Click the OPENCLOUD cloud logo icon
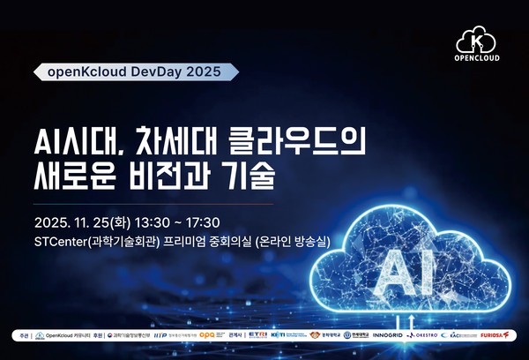click(477, 41)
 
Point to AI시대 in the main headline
click(70, 141)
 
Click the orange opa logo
click(208, 335)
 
